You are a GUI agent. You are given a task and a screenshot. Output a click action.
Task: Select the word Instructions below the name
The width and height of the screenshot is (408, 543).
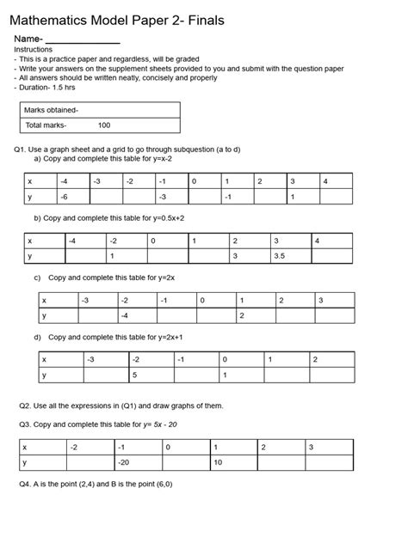click(x=34, y=50)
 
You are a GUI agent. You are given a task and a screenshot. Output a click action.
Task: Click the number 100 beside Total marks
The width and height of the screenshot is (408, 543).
click(x=104, y=125)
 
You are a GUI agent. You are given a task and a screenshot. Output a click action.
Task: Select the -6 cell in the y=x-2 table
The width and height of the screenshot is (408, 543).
click(x=65, y=197)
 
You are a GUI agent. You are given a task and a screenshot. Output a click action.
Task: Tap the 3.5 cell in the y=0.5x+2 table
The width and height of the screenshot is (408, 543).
click(x=280, y=256)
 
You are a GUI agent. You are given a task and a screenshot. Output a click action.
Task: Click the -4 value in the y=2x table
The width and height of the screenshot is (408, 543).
click(x=125, y=316)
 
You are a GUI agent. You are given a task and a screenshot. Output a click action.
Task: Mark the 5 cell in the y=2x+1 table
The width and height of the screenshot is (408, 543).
click(x=134, y=375)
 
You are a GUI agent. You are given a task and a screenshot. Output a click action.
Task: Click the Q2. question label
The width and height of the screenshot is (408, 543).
click(x=25, y=405)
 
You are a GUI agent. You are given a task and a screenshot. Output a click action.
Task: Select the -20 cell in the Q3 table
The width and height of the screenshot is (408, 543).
click(x=124, y=462)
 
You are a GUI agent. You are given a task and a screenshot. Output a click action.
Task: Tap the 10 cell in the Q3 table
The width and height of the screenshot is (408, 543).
click(x=219, y=462)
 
